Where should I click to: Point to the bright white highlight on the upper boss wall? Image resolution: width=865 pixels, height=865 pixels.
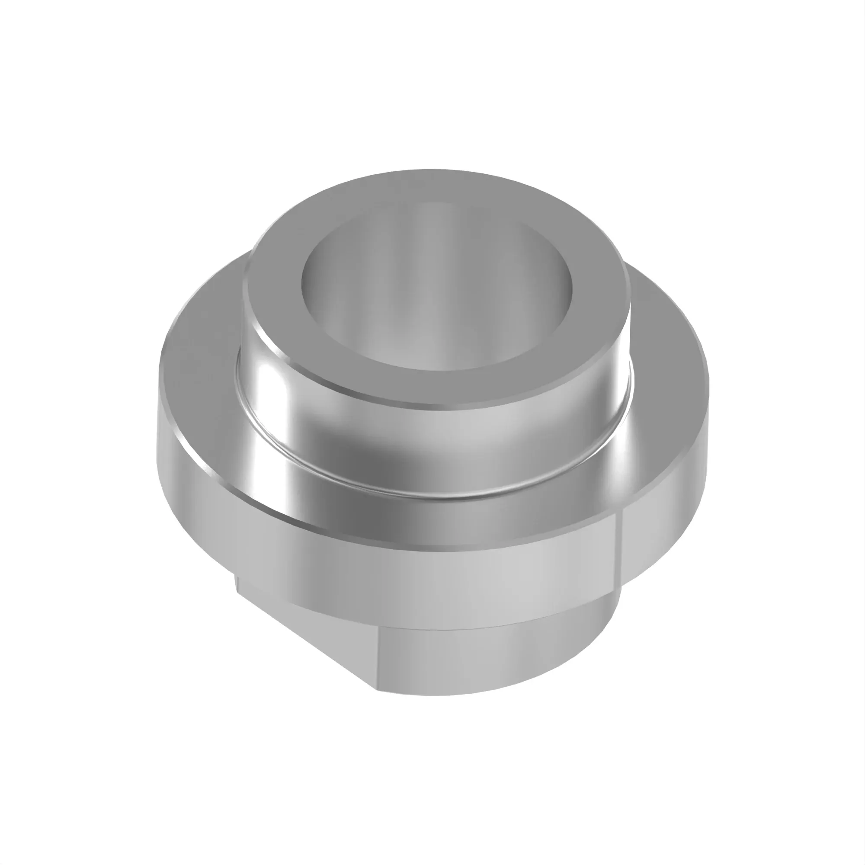tap(269, 385)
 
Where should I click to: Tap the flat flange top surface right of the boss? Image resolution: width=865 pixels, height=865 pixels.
tap(667, 340)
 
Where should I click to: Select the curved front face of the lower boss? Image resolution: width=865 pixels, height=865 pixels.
tap(493, 654)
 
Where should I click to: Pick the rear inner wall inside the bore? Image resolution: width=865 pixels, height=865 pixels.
tap(436, 233)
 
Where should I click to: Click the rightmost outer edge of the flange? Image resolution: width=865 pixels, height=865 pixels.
tap(708, 394)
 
